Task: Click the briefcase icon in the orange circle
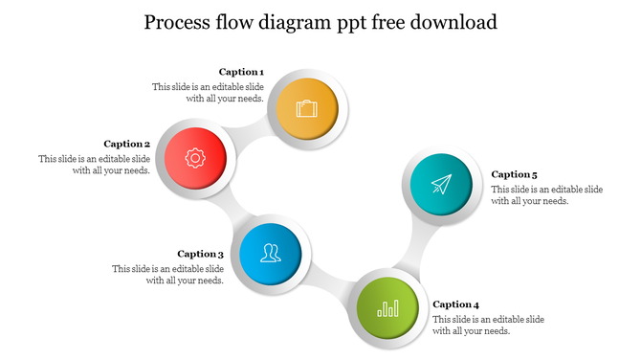click(x=307, y=108)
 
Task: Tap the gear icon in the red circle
click(x=195, y=157)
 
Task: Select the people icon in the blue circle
click(x=272, y=254)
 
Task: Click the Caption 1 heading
click(x=241, y=72)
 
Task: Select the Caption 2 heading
click(x=127, y=144)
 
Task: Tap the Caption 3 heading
click(x=201, y=254)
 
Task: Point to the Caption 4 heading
click(x=455, y=304)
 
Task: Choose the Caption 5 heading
click(x=515, y=174)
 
